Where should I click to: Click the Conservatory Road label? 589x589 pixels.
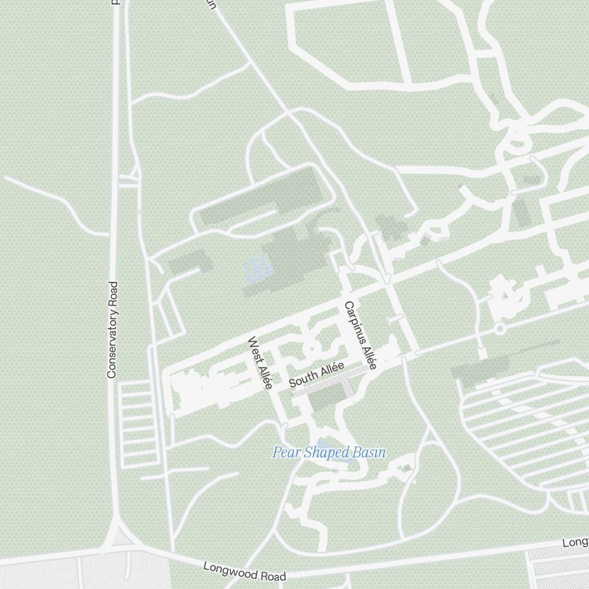click(x=112, y=329)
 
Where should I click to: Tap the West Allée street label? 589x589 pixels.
click(x=260, y=363)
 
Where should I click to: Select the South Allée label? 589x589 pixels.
click(x=316, y=375)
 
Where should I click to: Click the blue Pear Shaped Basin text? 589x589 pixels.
click(x=329, y=452)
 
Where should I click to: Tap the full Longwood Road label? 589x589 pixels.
click(x=244, y=572)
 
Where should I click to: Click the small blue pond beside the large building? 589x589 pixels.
click(x=257, y=270)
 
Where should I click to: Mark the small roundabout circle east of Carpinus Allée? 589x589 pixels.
click(x=499, y=328)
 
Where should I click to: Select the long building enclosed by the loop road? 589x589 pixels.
click(x=262, y=198)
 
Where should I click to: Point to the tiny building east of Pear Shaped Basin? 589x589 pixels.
click(x=406, y=468)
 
